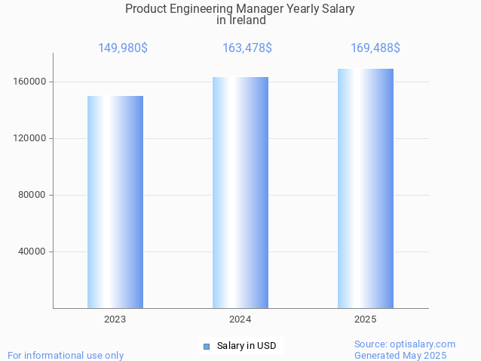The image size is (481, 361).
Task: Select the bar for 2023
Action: (115, 202)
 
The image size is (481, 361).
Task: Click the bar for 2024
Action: (240, 193)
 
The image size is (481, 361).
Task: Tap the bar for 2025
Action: (365, 188)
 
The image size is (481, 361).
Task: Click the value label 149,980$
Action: (123, 48)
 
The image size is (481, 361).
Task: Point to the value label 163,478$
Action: (247, 48)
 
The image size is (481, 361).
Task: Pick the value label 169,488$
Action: (375, 48)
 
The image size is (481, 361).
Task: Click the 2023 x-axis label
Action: (115, 319)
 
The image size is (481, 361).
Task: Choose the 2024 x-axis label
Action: (240, 319)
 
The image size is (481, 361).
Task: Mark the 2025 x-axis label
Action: (365, 319)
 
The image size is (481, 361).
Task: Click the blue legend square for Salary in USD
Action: (206, 347)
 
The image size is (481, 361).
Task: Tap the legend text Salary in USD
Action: (247, 347)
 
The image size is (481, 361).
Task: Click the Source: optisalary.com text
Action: (405, 344)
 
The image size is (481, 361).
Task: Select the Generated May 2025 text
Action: (400, 355)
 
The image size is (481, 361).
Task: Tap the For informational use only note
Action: (66, 355)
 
